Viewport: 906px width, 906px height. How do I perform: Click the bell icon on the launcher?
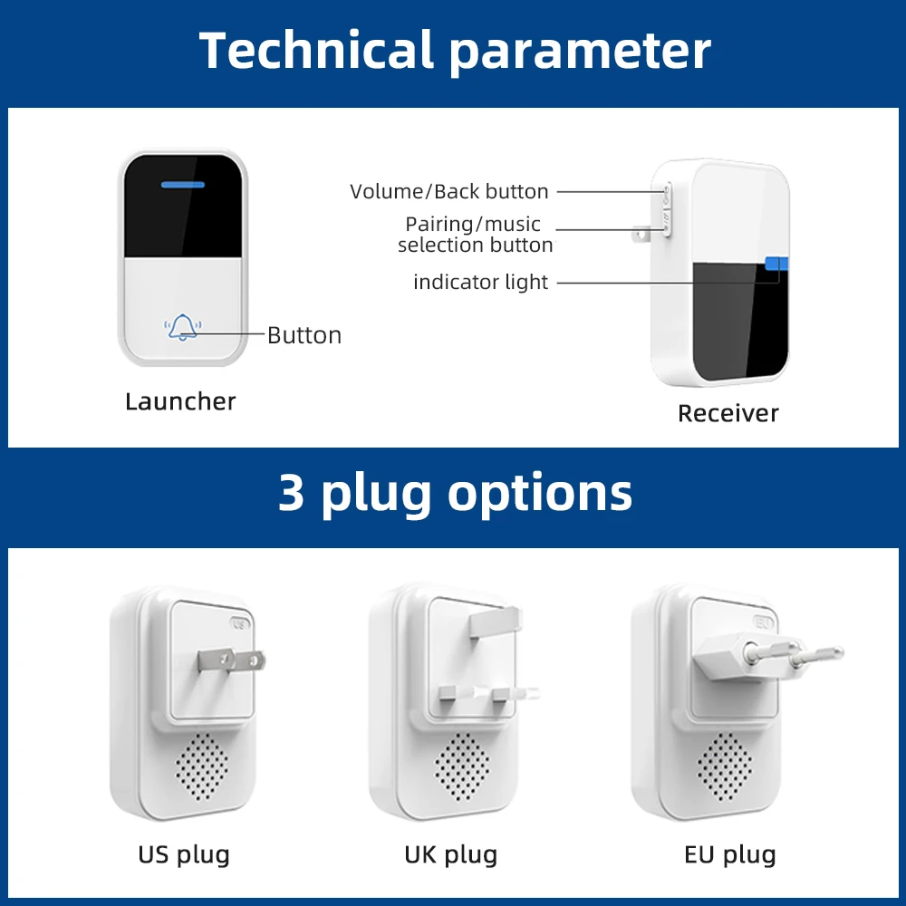[183, 327]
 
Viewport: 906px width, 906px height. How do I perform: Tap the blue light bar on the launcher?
[183, 186]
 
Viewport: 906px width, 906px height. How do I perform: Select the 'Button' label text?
[304, 335]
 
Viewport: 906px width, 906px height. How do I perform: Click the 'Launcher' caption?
[180, 401]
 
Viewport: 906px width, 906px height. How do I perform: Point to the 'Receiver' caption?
[728, 413]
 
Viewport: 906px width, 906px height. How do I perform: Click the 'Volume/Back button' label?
[449, 191]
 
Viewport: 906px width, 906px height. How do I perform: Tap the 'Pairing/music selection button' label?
[475, 235]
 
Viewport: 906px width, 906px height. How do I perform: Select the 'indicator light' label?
[480, 282]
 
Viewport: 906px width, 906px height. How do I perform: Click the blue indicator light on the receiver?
[776, 264]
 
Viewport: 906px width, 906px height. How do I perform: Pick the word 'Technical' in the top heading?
[316, 50]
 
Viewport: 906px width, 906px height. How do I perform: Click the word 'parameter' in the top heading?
[580, 52]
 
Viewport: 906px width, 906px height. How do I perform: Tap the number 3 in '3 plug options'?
[292, 494]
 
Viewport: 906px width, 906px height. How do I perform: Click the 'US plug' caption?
[184, 853]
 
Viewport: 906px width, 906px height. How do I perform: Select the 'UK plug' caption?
[450, 853]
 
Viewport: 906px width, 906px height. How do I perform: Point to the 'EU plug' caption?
[730, 853]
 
